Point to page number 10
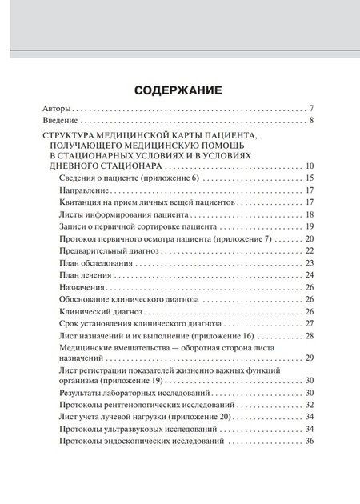[x=310, y=166]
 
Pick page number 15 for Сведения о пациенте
[x=310, y=178]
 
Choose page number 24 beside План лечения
[x=310, y=275]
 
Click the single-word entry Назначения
[x=84, y=287]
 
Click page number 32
[x=310, y=406]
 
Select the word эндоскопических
[x=144, y=442]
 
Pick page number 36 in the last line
[x=310, y=442]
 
